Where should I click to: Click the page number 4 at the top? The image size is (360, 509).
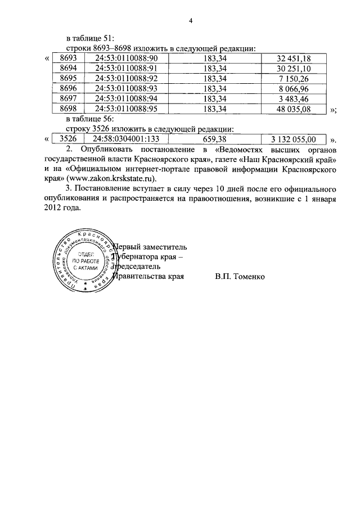[191, 21]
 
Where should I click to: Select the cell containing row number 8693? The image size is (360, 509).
[67, 58]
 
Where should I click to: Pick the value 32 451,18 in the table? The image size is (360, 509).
[293, 58]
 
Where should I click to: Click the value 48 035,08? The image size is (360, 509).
[293, 109]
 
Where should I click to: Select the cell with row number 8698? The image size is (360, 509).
[67, 109]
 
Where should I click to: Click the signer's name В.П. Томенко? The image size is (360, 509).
[239, 277]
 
